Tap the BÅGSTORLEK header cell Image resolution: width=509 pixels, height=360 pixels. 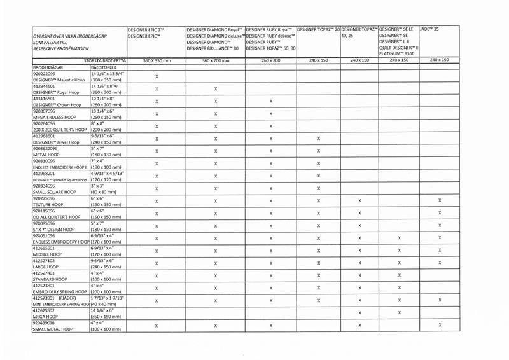click(x=102, y=66)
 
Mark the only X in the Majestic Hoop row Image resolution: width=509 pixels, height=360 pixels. click(x=157, y=76)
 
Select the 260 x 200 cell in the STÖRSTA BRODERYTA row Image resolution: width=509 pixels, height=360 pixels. click(x=270, y=60)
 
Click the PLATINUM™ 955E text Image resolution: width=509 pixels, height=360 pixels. click(x=397, y=54)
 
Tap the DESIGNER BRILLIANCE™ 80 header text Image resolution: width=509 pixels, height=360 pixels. click(x=213, y=48)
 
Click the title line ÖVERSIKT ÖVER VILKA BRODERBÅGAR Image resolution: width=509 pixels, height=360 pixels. click(x=69, y=36)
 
